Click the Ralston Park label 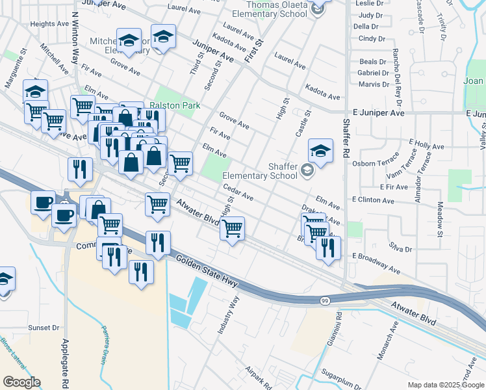point(174,105)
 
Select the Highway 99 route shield point(324,300)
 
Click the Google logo point(21,382)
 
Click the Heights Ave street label point(49,24)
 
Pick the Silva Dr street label point(400,249)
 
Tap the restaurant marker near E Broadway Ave point(328,248)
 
